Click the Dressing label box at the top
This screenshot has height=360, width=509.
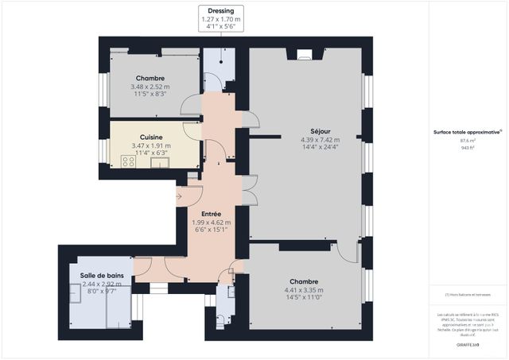[220, 18]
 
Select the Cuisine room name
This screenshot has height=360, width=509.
[151, 137]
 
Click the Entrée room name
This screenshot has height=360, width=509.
[211, 214]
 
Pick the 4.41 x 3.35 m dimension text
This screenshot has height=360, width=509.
[305, 290]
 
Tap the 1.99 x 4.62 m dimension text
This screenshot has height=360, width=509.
[211, 223]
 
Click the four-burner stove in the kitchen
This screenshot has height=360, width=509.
[129, 161]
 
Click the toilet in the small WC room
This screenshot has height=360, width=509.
[220, 321]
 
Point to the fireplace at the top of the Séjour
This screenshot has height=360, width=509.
[305, 54]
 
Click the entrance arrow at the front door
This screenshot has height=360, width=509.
[181, 195]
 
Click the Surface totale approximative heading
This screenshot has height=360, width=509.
[466, 131]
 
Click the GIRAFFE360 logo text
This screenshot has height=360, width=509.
[466, 344]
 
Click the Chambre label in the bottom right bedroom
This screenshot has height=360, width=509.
[305, 281]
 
